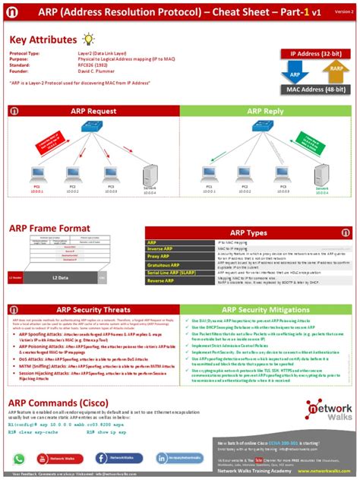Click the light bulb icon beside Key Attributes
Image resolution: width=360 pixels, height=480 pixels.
[x=89, y=39]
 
